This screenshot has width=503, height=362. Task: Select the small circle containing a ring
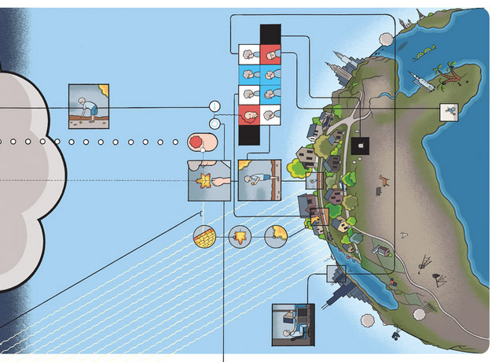(x=214, y=123)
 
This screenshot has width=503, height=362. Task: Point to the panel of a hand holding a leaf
(x=209, y=182)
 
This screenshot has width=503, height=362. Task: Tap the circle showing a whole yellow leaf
(x=240, y=235)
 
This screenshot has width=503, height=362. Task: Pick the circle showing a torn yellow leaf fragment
(x=275, y=235)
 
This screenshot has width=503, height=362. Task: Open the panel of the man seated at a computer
(x=292, y=324)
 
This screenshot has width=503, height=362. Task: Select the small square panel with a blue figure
(x=448, y=112)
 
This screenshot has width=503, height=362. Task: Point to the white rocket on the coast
(x=417, y=78)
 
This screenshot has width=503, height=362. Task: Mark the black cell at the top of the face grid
(x=270, y=35)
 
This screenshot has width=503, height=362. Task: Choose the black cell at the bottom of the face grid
(x=249, y=133)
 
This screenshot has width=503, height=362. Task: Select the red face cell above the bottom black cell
(x=249, y=114)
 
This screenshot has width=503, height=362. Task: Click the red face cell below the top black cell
(x=270, y=54)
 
